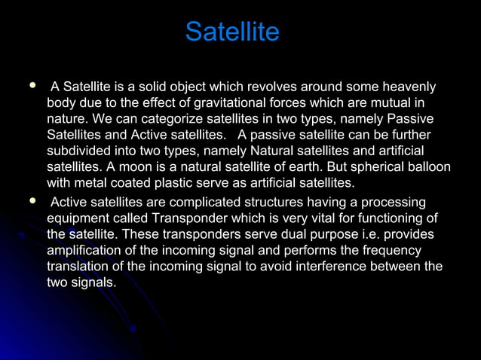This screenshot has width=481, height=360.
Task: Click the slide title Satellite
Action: [232, 32]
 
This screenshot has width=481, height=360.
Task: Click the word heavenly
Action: [408, 87]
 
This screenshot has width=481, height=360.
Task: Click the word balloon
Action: [429, 167]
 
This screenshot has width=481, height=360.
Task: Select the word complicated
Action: [213, 203]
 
